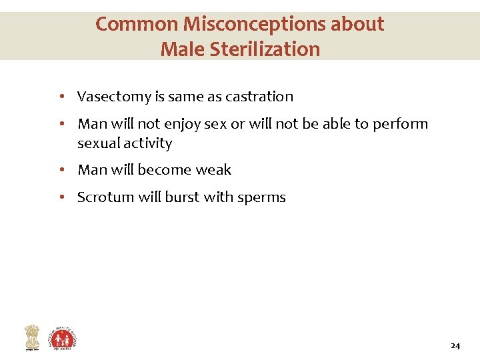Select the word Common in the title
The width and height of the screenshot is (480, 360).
(137, 24)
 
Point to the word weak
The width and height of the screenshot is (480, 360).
(213, 170)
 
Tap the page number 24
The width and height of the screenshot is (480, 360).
(455, 346)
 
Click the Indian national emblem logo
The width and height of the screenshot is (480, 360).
(32, 337)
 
